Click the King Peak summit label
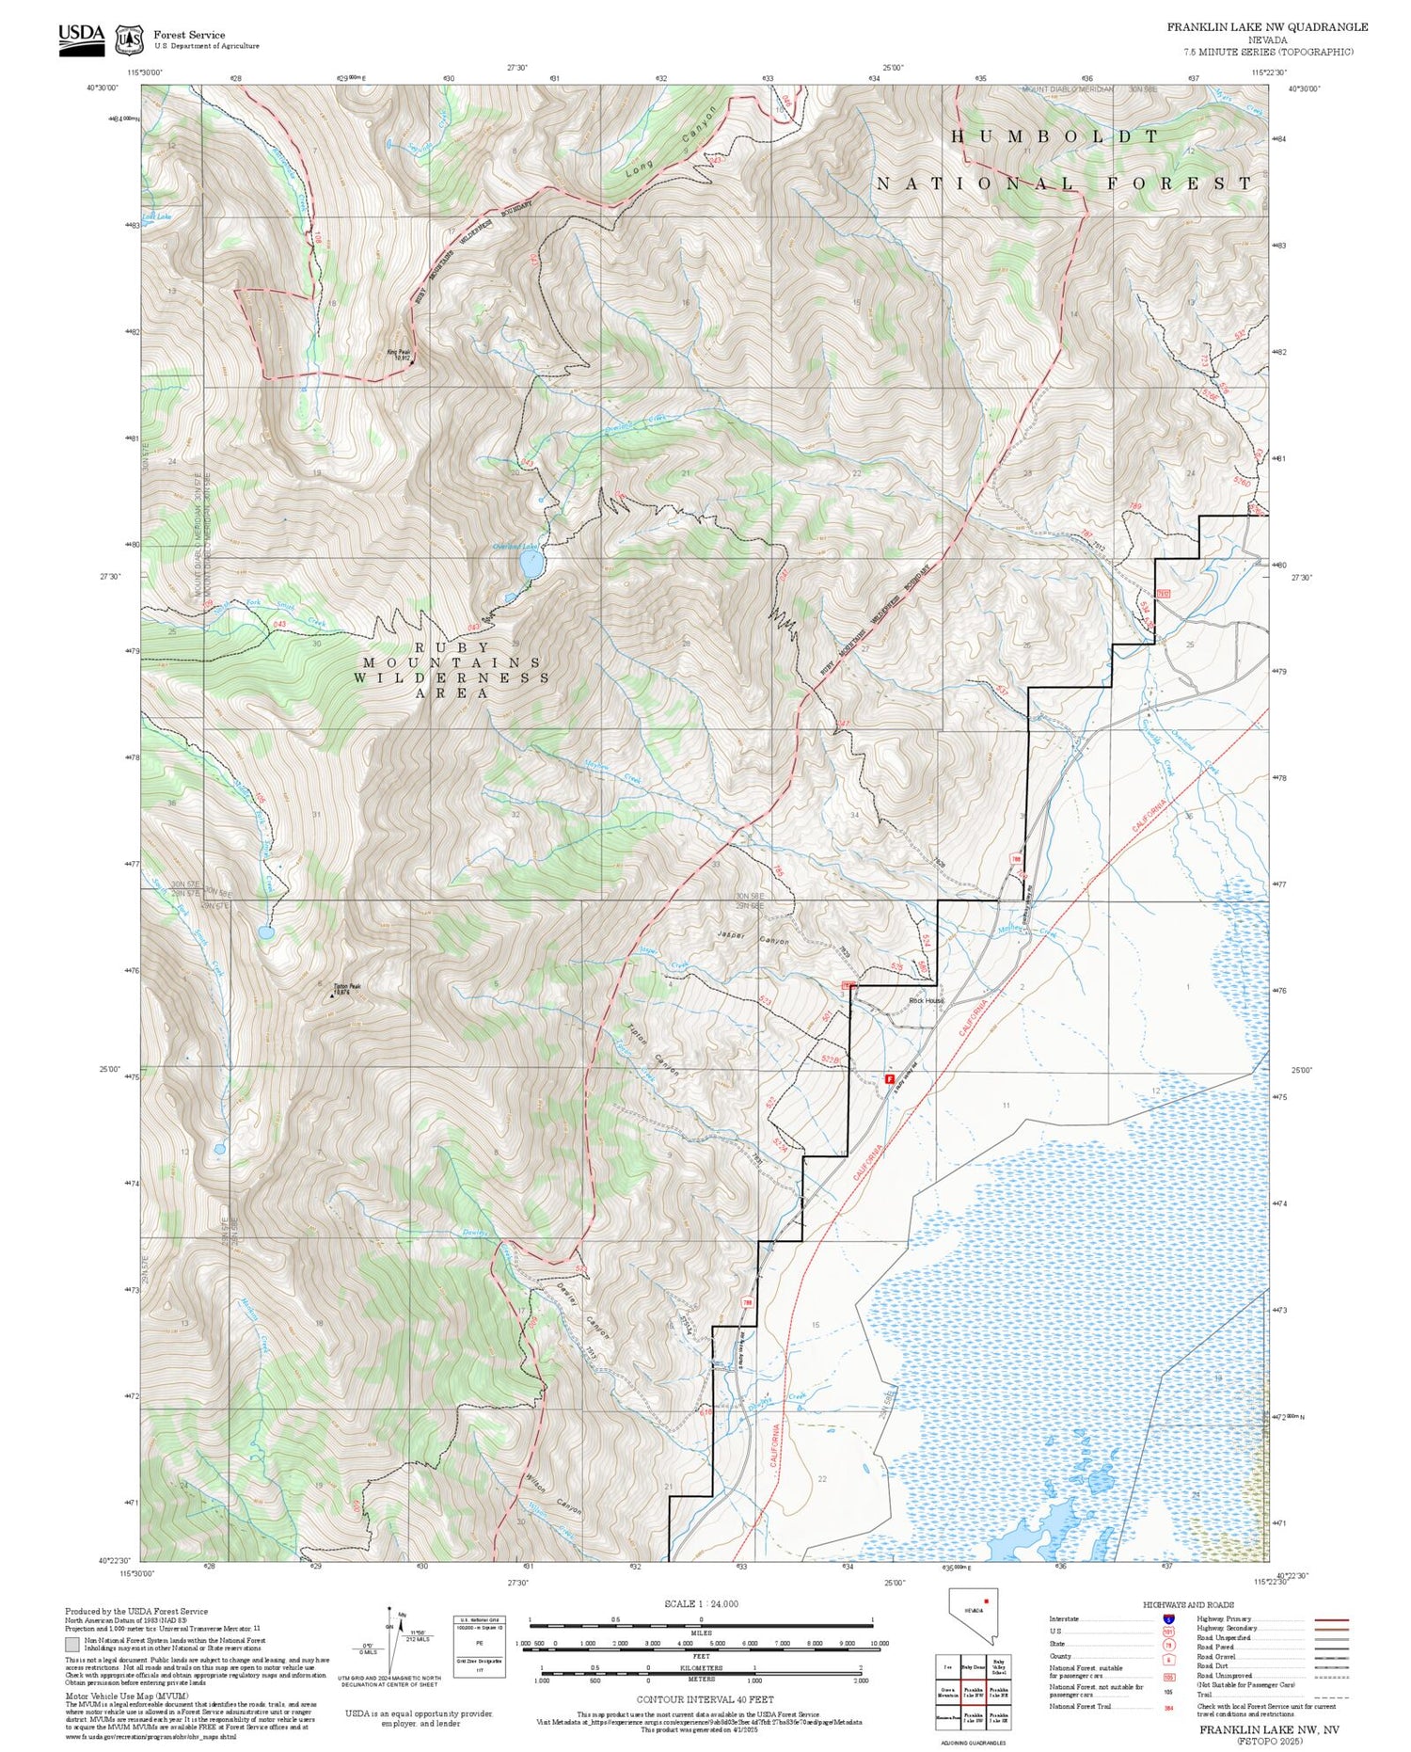399,355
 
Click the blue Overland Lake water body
531,565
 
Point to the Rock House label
926,1000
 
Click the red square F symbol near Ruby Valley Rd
889,1080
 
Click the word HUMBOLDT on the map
1054,136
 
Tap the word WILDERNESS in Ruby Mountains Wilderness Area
454,677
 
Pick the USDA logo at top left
82,39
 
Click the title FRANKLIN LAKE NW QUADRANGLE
1267,27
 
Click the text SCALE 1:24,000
701,1603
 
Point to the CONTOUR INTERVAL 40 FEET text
705,1699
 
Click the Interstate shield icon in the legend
1169,1618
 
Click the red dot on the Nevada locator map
986,1600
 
